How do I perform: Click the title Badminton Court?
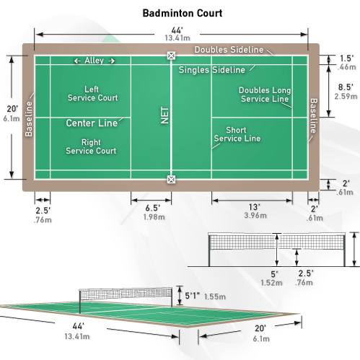(183, 13)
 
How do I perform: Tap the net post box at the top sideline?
(171, 56)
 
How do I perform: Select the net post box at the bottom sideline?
(171, 180)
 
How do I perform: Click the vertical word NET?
(164, 115)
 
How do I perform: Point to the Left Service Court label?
(92, 94)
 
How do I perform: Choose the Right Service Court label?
(91, 146)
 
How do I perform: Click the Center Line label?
(92, 123)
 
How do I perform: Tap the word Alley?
(94, 61)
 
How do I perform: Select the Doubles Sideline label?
(229, 50)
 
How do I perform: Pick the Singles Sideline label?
(212, 70)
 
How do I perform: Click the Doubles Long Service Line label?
(265, 95)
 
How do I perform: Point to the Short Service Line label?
(237, 134)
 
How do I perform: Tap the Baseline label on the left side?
(29, 119)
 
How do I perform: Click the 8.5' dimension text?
(346, 87)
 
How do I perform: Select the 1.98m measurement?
(154, 217)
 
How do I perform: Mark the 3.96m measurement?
(255, 215)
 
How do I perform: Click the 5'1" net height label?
(193, 296)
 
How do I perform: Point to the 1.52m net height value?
(271, 283)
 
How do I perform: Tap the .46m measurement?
(346, 67)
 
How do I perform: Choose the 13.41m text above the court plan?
(177, 38)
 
